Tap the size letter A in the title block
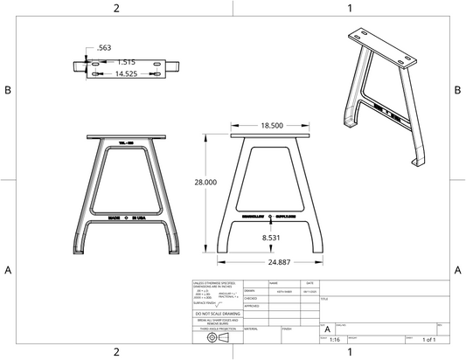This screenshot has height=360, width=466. (x=327, y=328)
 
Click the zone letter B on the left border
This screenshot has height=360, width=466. (x=7, y=90)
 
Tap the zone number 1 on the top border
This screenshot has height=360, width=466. (x=350, y=8)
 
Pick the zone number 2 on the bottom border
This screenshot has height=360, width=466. (x=116, y=352)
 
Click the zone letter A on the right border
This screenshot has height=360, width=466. (x=458, y=269)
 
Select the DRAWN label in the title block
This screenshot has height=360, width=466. (x=249, y=291)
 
